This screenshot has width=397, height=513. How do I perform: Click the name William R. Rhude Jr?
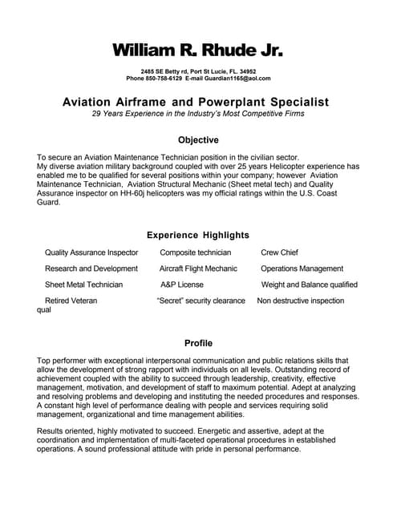click(198, 50)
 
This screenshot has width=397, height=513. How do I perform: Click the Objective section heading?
click(198, 139)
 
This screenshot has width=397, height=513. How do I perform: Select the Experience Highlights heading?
click(198, 235)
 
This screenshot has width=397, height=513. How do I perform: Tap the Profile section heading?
click(198, 343)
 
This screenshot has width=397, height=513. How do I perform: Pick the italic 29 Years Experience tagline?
click(198, 114)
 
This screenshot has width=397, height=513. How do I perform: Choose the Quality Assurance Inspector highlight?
click(91, 252)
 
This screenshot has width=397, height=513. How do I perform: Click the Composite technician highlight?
click(195, 252)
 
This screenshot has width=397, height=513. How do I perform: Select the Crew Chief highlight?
click(280, 252)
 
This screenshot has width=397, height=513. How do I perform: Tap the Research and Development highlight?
click(91, 269)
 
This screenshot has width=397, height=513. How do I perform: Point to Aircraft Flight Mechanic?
click(198, 269)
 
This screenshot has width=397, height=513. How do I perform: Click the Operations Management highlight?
click(302, 269)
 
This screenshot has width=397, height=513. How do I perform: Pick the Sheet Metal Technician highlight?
click(84, 285)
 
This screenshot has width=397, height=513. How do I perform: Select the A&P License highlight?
click(181, 285)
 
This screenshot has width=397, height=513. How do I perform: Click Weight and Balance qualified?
click(309, 285)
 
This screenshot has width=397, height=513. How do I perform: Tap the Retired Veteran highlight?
click(71, 301)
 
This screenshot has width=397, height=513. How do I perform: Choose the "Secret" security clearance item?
click(201, 301)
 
